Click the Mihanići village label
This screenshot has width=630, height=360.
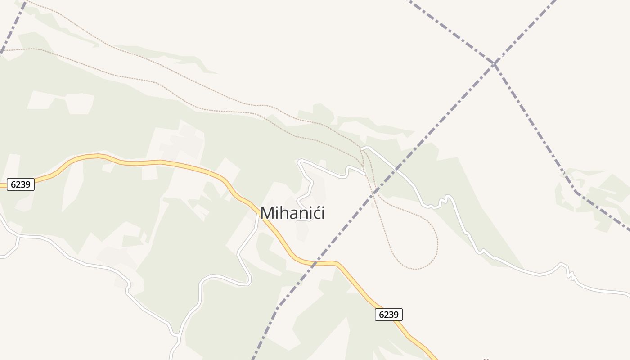pyautogui.click(x=292, y=213)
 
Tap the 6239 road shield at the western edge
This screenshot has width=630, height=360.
pyautogui.click(x=21, y=184)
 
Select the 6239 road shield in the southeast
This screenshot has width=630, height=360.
pyautogui.click(x=388, y=315)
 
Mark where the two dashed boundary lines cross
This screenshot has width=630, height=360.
pyautogui.click(x=494, y=64)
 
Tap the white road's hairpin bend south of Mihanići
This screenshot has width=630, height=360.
pyautogui.click(x=248, y=283)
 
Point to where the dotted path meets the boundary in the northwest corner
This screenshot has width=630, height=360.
pyautogui.click(x=4, y=50)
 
